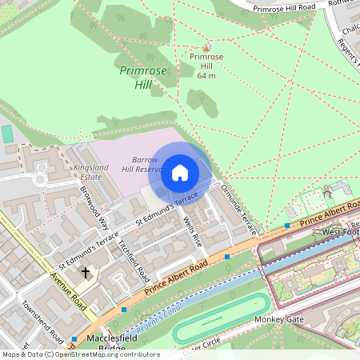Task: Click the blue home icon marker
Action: (180, 172)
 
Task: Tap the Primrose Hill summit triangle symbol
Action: (206, 47)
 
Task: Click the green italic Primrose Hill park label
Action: (142, 78)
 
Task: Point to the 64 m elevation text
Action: (206, 76)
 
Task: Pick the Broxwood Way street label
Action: (94, 204)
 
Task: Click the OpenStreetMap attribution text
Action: (80, 354)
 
